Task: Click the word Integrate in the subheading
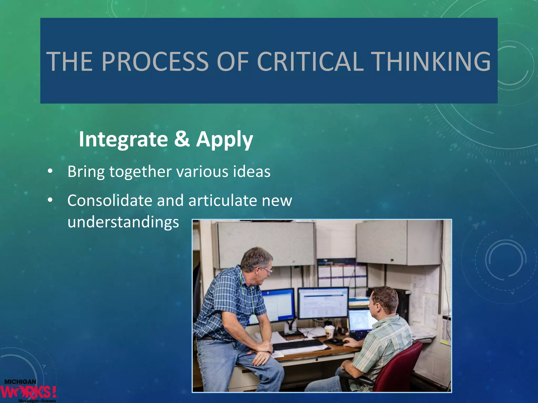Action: [x=123, y=139]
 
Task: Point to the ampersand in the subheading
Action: [x=182, y=139]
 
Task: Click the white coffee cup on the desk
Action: [x=329, y=332]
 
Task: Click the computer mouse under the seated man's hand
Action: [x=335, y=341]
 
